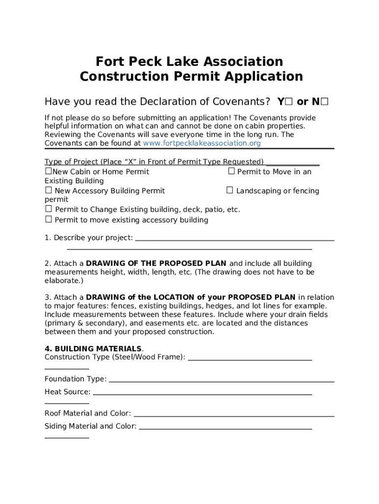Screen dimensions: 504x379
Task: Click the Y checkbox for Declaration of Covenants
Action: [289, 102]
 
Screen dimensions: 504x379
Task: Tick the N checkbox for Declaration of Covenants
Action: [324, 102]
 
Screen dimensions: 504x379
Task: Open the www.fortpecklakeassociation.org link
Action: [201, 143]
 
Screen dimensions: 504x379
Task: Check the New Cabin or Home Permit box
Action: [48, 171]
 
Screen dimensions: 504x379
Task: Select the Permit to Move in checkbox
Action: [231, 171]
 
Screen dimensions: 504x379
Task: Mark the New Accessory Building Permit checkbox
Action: [48, 190]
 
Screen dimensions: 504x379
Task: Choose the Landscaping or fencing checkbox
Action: [229, 190]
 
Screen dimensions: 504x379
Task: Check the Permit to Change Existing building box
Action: [48, 209]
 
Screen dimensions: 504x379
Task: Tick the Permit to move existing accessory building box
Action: [48, 220]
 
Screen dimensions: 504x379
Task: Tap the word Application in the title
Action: [264, 77]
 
